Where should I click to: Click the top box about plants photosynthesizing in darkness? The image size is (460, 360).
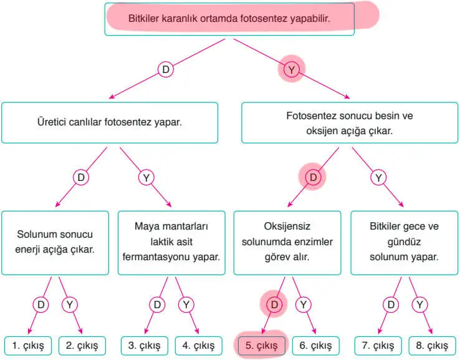229,19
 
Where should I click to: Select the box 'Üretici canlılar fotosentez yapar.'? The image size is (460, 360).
110,123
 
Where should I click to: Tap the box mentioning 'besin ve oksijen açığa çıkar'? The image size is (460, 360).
350,123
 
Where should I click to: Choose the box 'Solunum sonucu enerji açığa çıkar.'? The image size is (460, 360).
55,243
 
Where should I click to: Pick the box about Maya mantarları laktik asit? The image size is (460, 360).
171,243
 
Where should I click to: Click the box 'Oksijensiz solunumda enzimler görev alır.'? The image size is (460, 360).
287,243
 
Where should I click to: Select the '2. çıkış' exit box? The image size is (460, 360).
82,345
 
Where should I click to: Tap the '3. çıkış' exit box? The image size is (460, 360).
145,345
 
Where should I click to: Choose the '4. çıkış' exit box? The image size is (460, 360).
199,345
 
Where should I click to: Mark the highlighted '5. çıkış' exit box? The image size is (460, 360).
261,345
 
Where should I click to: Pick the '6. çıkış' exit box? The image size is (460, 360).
315,345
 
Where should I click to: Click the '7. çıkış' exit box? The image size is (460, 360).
378,345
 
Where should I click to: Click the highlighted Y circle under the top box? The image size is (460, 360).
291,70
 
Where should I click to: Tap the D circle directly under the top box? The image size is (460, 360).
166,70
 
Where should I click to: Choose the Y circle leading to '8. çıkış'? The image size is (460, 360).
419,304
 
